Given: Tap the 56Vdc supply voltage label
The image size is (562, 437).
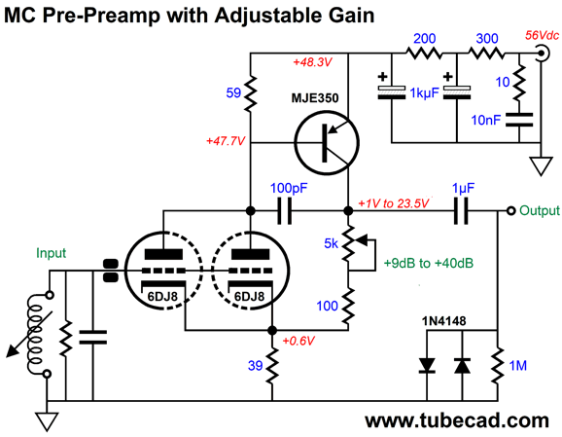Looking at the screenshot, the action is [542, 35].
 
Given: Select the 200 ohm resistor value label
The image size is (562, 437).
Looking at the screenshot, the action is [424, 39].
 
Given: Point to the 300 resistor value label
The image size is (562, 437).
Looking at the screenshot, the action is [487, 39].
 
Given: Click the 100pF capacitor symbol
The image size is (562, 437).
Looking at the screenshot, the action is [285, 210].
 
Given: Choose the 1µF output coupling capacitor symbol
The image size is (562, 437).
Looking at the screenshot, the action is [461, 210].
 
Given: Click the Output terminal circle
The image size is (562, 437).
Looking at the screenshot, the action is [511, 210].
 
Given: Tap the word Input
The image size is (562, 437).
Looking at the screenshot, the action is [51, 253].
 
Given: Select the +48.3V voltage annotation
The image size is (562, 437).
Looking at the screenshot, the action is [312, 62].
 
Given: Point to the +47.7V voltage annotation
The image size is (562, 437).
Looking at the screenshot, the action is [226, 141].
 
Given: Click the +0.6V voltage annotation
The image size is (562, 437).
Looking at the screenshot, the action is [299, 341].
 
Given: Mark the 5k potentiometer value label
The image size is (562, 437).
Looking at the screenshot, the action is [331, 243].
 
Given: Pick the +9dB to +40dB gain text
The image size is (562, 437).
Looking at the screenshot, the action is [429, 264].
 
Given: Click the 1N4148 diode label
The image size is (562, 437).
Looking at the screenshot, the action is [443, 321].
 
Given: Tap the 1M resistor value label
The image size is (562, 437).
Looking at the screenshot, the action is [517, 366].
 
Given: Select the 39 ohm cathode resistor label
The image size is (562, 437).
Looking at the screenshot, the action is [255, 366].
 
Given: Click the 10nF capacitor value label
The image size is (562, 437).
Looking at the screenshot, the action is [485, 120].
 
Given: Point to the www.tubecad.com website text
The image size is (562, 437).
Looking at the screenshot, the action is [457, 420].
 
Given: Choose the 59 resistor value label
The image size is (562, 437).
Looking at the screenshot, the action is [233, 92].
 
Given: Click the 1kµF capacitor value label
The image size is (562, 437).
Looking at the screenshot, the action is [424, 93].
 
